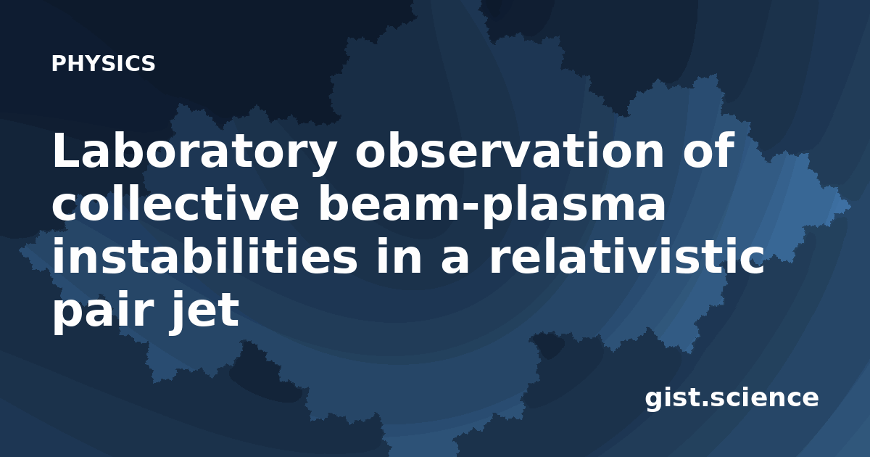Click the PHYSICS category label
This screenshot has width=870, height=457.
coord(103,63)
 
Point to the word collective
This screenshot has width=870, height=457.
coord(175,203)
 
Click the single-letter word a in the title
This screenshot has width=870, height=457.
coord(455,260)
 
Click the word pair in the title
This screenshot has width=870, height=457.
coord(101,311)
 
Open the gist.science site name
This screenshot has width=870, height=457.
coord(732,398)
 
